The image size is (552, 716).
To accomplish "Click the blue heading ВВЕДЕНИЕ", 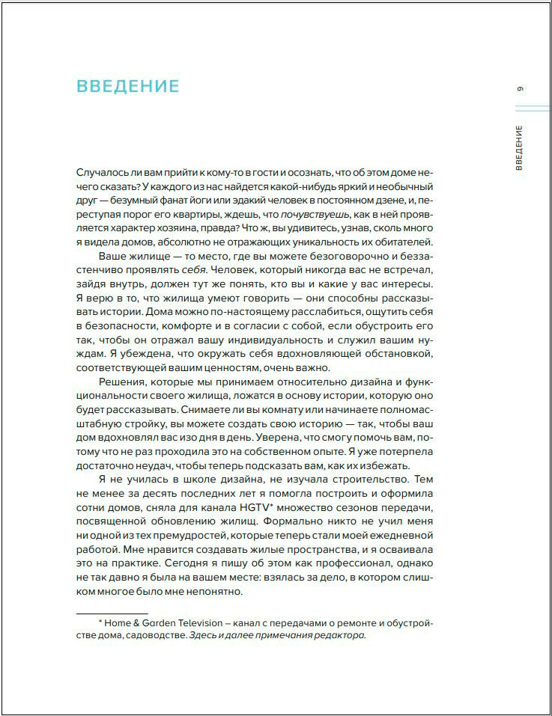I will [128, 86].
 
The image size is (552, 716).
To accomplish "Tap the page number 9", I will [521, 90].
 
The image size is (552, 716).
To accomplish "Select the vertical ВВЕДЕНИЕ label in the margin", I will [520, 147].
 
